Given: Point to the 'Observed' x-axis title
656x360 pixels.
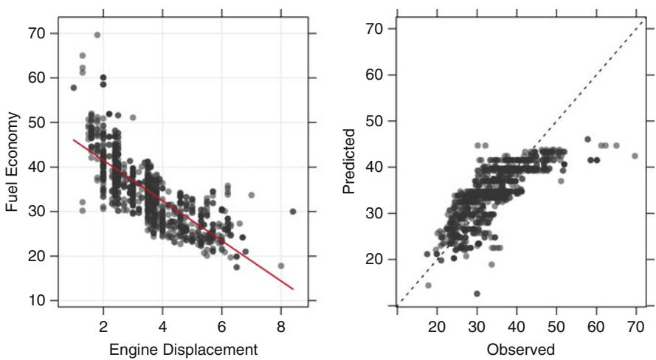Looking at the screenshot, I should click(519, 349).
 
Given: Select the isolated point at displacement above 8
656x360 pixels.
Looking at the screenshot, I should click(293, 211).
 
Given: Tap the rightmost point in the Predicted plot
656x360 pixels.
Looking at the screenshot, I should click(635, 156).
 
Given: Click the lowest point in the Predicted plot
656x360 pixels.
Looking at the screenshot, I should click(477, 294).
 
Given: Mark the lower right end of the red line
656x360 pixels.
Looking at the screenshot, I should click(294, 289).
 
